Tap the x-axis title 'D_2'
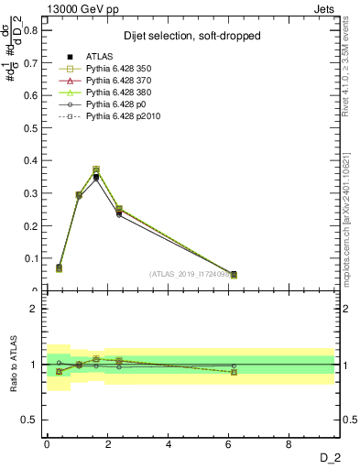329,458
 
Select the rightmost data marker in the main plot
234,274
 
